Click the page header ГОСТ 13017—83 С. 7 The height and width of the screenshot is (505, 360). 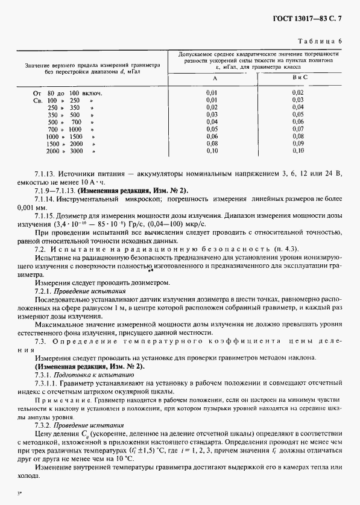click(312, 19)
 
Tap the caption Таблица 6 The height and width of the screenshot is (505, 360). click(320, 40)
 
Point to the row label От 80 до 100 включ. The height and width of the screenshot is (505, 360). click(66, 93)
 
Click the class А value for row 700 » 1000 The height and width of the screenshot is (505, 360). click(212, 129)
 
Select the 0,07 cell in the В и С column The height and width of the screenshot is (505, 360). click(297, 129)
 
